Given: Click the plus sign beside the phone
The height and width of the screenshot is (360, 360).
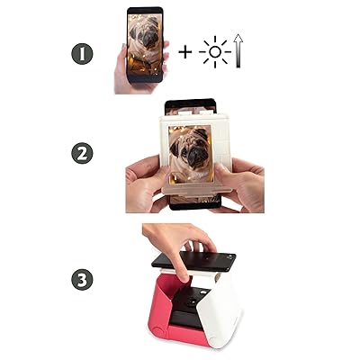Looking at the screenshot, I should pyautogui.click(x=185, y=51).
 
